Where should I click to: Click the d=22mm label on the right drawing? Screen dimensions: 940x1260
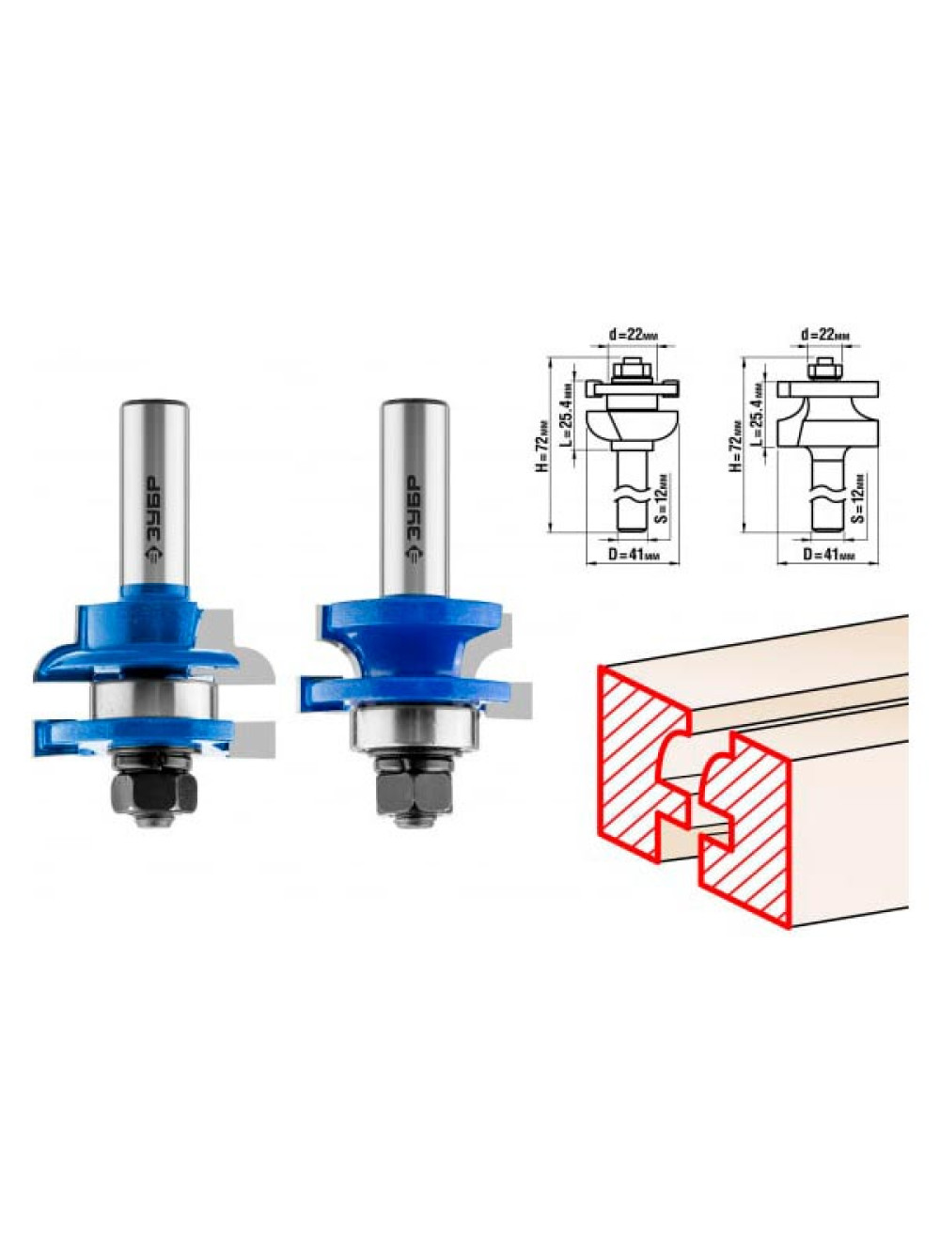click(827, 336)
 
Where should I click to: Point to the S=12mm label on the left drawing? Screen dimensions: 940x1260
click(664, 499)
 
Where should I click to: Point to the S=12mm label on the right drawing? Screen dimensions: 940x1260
click(858, 499)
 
